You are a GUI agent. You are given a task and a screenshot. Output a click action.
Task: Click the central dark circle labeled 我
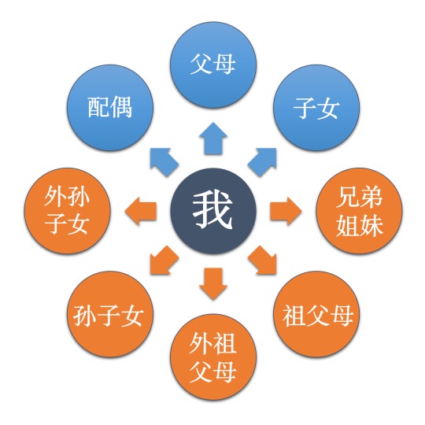tap(213, 211)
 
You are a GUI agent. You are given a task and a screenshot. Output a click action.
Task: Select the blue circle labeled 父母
tap(213, 65)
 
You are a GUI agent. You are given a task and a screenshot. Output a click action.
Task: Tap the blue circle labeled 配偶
tap(110, 108)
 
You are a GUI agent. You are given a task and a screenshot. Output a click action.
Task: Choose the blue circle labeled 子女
tap(316, 108)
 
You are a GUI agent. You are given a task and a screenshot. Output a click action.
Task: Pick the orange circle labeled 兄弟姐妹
tap(359, 211)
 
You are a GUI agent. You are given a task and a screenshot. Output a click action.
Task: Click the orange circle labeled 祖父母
tap(316, 314)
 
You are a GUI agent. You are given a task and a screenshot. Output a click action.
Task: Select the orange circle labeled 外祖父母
tap(213, 357)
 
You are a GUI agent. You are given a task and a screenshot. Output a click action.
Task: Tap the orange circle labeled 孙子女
tap(110, 314)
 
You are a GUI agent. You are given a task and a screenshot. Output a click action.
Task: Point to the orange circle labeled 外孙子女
tap(67, 211)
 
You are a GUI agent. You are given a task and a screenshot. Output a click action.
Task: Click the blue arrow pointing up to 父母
tap(213, 139)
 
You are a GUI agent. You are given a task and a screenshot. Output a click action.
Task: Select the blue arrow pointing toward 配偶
tap(163, 161)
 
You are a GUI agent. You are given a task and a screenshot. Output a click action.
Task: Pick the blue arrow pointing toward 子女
tap(263, 161)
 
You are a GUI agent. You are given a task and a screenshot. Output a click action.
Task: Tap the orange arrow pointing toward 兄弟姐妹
tap(286, 211)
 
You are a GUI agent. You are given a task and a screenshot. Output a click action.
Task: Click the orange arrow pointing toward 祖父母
tap(263, 261)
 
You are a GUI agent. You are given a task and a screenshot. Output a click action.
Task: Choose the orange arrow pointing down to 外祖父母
tap(213, 283)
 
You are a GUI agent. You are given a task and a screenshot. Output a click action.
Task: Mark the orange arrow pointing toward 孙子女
tap(163, 261)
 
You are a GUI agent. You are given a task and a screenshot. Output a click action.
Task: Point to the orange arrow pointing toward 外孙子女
tap(141, 211)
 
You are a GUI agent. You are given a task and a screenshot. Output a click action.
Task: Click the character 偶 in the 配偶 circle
tap(121, 107)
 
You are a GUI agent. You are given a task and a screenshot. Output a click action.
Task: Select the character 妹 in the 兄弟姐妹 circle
tap(371, 225)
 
